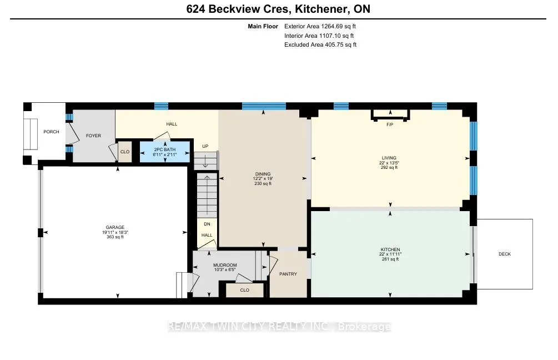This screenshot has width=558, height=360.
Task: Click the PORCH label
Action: coord(51,132)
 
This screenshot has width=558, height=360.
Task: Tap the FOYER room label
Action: coord(94,136)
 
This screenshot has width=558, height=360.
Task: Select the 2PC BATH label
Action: coord(165,149)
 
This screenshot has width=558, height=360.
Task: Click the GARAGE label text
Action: coord(115,228)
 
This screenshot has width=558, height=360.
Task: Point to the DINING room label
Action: coord(263,174)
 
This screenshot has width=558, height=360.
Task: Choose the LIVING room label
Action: coord(389,158)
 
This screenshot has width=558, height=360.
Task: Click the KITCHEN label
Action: coord(390,249)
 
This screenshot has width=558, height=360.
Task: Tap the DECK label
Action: coord(505,254)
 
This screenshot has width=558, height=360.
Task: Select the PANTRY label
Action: coord(288,274)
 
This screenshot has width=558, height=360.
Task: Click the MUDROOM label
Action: coord(225,266)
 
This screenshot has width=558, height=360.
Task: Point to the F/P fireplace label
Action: coord(390,124)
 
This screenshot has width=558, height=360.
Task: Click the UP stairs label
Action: coord(205,146)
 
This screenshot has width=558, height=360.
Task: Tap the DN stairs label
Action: coord(207,224)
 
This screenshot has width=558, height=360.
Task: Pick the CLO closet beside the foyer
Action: coord(125,152)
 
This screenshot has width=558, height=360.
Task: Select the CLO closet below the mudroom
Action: coord(245,290)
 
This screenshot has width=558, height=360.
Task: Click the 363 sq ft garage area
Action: coord(115,237)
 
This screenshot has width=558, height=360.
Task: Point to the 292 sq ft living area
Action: coord(389,167)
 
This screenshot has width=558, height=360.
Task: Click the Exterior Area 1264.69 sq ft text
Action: coord(320,26)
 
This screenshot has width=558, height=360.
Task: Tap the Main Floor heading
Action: coord(263,26)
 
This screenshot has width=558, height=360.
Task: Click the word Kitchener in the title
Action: coord(321,9)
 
